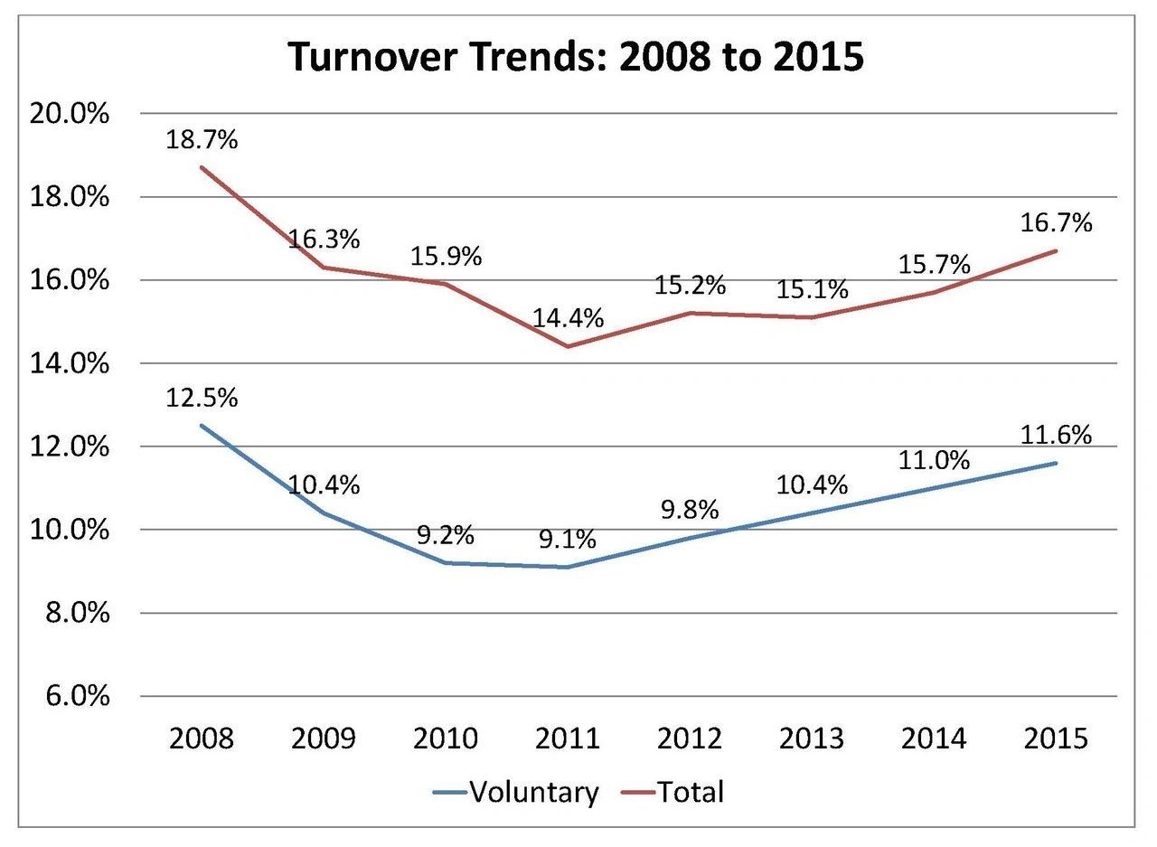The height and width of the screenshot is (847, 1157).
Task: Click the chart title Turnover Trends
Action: [x=576, y=56]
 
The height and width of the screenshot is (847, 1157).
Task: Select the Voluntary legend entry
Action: [x=515, y=792]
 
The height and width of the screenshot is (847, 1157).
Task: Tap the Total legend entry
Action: [x=673, y=792]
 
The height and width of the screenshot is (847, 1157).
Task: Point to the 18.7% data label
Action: [x=202, y=139]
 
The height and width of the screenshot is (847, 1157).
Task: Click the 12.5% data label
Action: [x=202, y=398]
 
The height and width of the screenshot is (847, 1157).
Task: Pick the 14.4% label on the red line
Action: [x=568, y=318]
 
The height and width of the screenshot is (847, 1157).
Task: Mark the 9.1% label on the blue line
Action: [x=568, y=540]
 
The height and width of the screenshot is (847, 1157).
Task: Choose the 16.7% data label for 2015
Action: [x=1056, y=222]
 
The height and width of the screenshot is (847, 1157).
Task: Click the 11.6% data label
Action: [x=1056, y=435]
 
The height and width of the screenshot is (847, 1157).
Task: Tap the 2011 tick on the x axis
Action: [x=568, y=739]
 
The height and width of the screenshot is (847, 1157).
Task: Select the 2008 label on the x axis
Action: [x=202, y=739]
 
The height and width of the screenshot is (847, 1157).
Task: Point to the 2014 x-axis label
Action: [x=934, y=739]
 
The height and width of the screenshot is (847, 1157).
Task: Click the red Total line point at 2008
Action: [x=202, y=167]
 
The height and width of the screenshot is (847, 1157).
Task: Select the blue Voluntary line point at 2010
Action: [x=446, y=562]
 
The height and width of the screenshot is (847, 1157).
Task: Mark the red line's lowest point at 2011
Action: [x=568, y=346]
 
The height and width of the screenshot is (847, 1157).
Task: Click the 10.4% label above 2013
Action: [x=812, y=485]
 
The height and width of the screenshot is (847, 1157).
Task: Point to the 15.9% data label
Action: [x=446, y=256]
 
